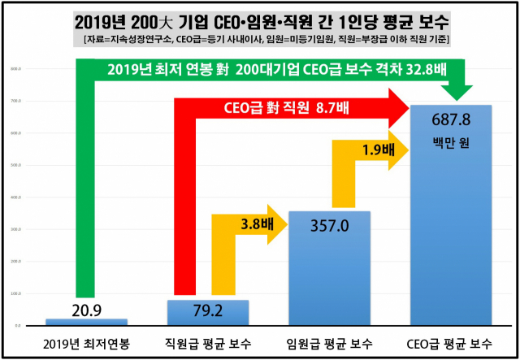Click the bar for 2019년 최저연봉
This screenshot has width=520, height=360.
[86, 322]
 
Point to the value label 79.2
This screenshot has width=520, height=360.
[209, 309]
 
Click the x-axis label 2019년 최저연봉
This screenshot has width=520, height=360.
[85, 342]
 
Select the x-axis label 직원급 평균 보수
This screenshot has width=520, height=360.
[207, 342]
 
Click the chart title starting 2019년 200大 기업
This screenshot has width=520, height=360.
[260, 19]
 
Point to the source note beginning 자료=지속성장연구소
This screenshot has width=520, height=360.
[260, 38]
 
